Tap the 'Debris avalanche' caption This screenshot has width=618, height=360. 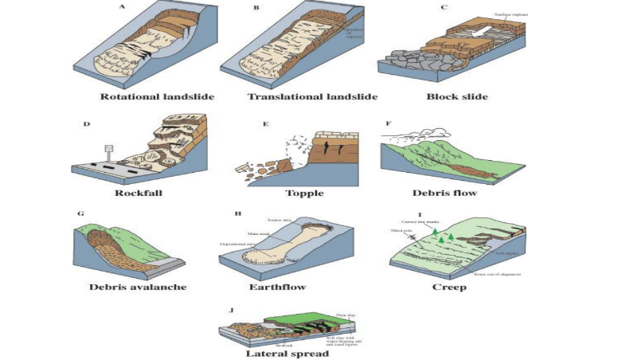point(139,285)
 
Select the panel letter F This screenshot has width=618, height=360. point(388,124)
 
